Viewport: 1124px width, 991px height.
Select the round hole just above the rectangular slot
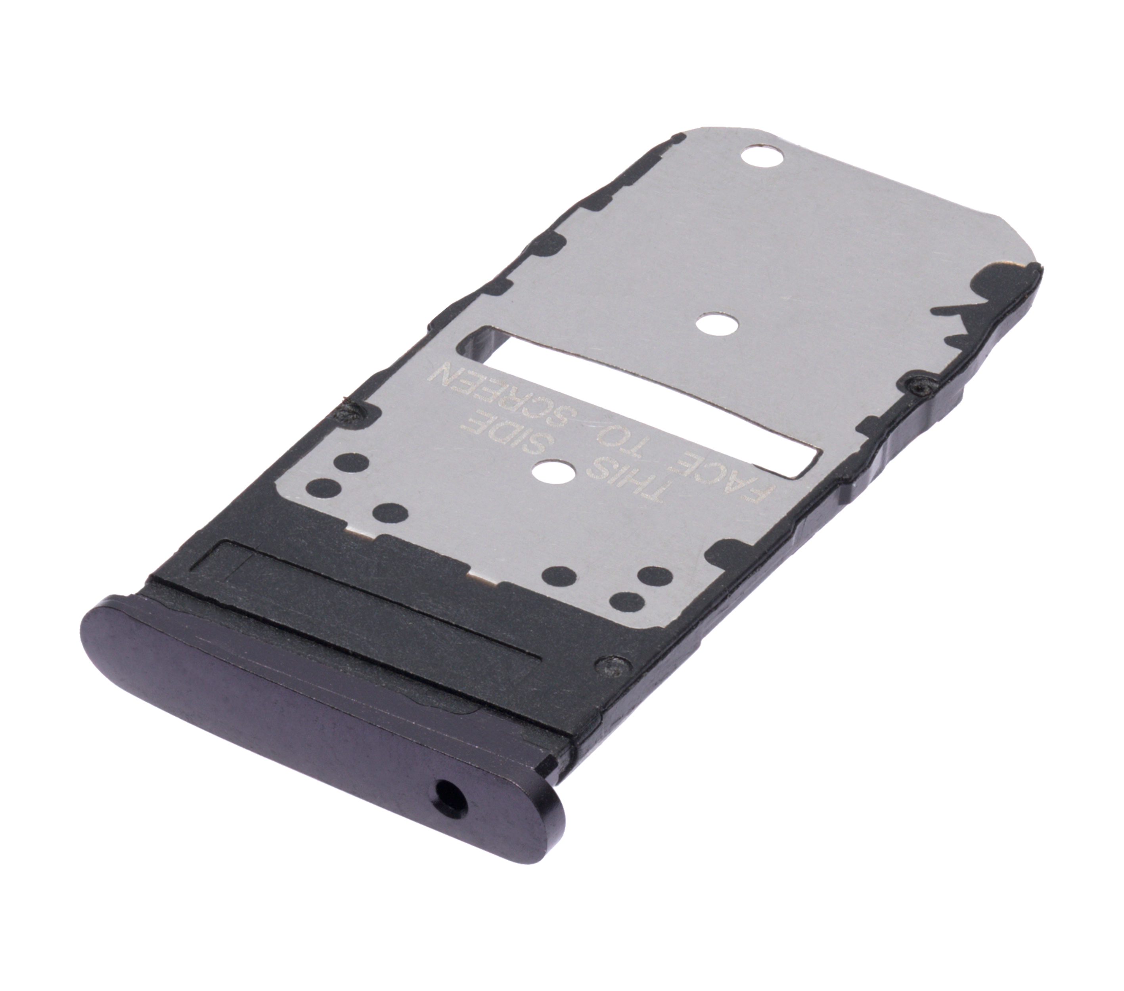click(x=717, y=325)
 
